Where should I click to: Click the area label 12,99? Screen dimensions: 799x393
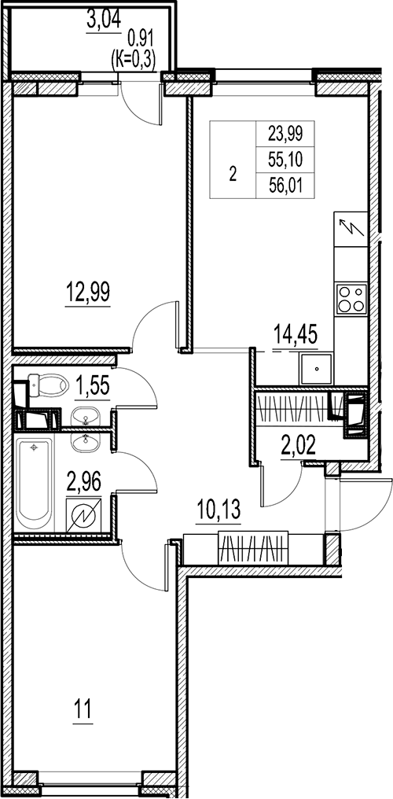(87, 293)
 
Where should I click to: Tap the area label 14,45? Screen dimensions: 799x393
(294, 336)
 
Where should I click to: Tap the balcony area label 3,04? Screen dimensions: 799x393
(104, 20)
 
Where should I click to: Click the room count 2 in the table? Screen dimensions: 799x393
(232, 175)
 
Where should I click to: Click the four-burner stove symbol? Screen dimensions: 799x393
(351, 298)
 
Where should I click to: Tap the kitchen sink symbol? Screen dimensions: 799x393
(316, 366)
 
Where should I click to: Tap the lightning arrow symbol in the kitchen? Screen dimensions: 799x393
(351, 229)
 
